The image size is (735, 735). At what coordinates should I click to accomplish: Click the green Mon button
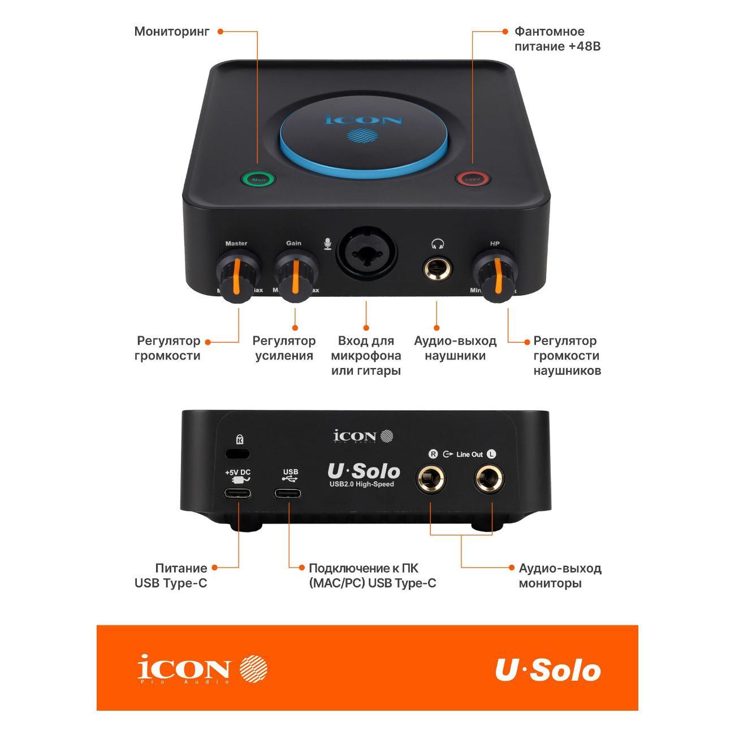[258, 179]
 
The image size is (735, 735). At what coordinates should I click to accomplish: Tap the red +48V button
[473, 179]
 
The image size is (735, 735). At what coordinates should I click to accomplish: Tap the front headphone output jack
[437, 268]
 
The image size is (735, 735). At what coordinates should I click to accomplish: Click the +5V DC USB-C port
[238, 492]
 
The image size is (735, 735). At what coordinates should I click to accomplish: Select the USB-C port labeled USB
[288, 492]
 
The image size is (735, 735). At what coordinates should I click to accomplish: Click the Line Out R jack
[431, 480]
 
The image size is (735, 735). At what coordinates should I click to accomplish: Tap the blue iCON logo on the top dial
[364, 120]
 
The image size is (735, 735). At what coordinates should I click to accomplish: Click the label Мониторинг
[171, 32]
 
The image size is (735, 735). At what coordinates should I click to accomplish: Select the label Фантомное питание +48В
[557, 39]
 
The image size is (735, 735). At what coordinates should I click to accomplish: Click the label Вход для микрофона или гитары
[366, 356]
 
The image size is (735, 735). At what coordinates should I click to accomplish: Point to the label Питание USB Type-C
[171, 576]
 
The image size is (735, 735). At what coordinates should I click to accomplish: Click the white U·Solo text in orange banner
[547, 670]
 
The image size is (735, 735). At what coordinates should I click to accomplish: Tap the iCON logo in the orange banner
[202, 669]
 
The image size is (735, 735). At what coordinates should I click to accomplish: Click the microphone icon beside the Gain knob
[327, 244]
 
